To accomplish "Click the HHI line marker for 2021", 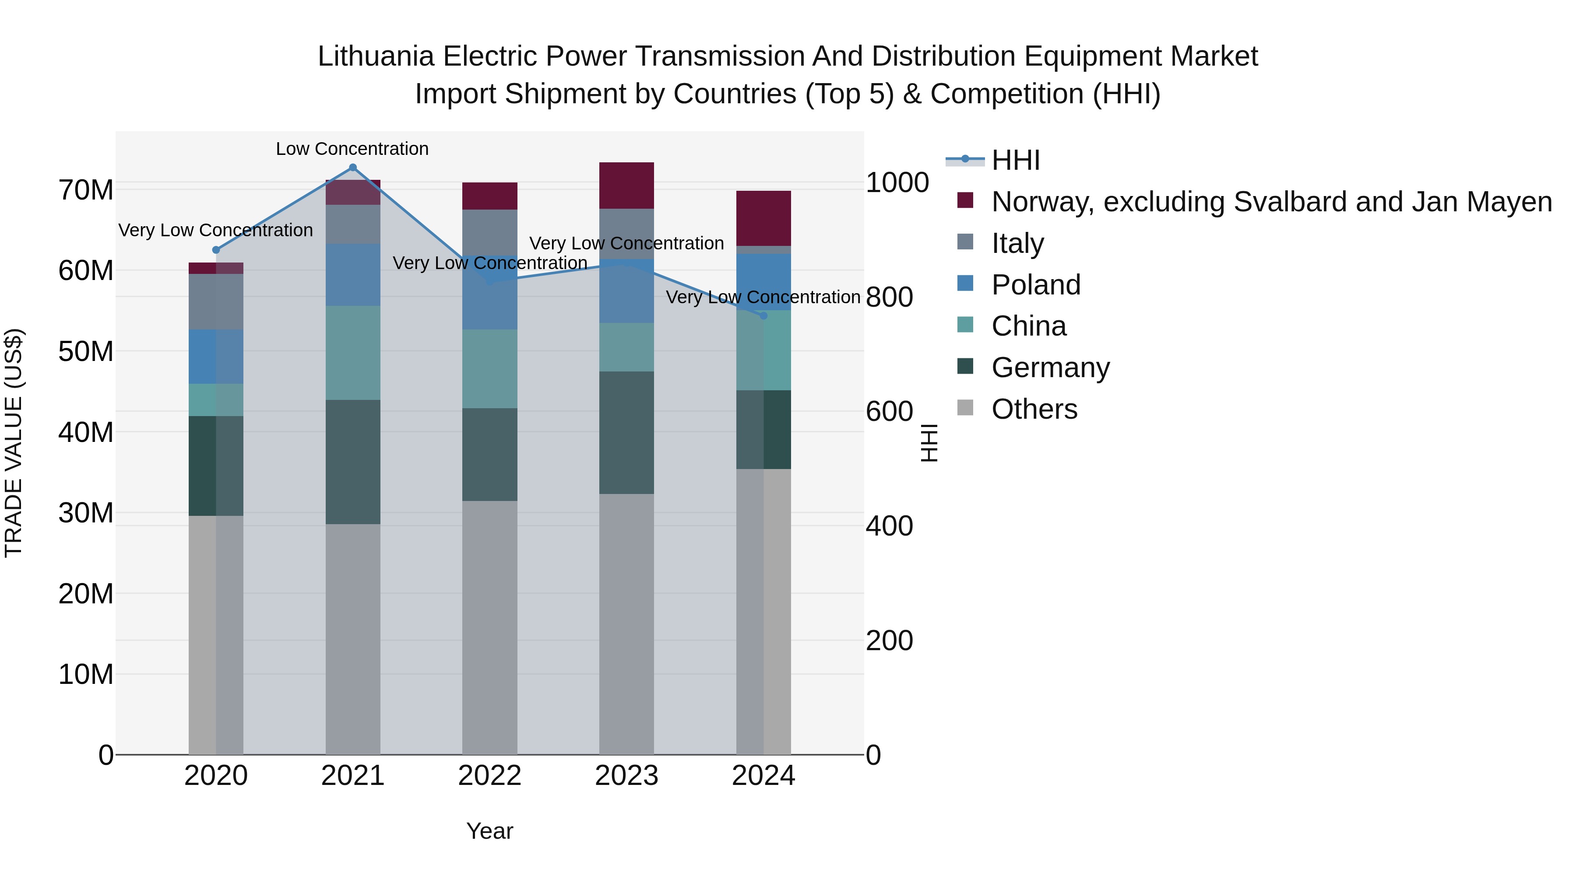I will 352,168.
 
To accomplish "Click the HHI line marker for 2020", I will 216,250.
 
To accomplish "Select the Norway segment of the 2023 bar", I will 626,186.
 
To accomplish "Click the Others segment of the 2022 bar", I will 489,627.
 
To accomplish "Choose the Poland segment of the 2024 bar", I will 763,282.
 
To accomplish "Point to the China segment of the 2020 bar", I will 216,400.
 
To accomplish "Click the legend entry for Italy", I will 1017,243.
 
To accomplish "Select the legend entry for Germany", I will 1050,368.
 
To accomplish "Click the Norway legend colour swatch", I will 965,200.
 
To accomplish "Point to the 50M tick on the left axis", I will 86,352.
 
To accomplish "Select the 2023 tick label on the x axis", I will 626,776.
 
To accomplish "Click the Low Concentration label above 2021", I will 352,149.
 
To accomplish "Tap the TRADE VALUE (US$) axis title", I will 14,443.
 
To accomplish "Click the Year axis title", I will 489,831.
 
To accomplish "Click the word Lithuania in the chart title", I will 376,57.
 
